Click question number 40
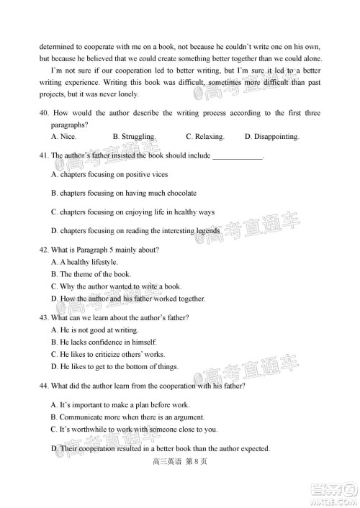pos(45,113)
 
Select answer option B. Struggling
pos(134,137)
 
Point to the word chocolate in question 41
pos(178,193)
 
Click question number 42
pos(45,250)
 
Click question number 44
pos(45,386)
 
